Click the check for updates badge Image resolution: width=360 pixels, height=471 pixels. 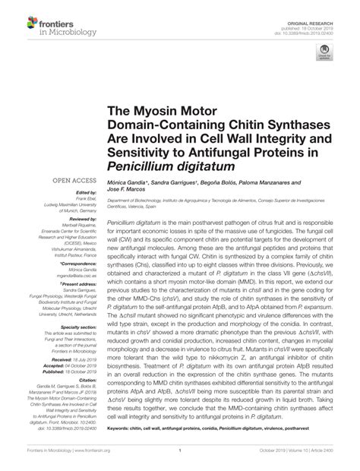pyautogui.click(x=325, y=53)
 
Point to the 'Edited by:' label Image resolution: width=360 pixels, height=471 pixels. pyautogui.click(x=83, y=192)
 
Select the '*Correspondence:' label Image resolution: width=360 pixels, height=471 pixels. pyautogui.click(x=77, y=264)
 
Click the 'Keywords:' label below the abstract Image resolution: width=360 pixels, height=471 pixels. pyautogui.click(x=120, y=428)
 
